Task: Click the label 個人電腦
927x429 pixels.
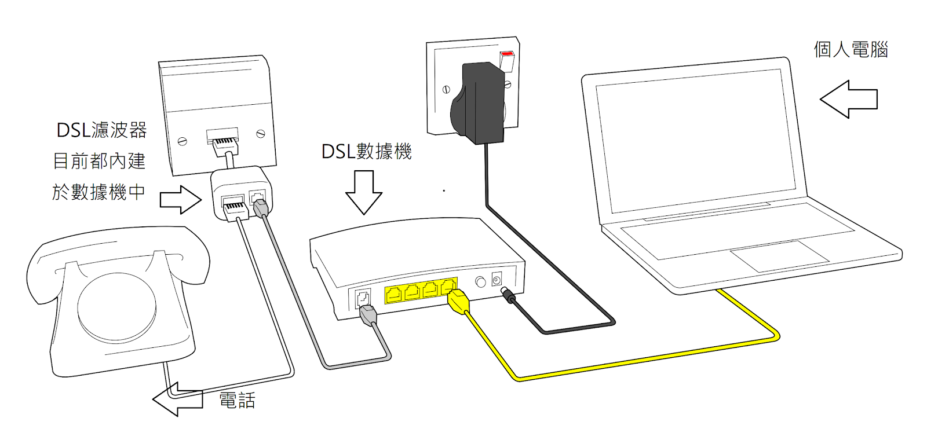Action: [850, 50]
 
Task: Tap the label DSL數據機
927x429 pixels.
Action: [366, 152]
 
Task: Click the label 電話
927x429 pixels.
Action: [237, 400]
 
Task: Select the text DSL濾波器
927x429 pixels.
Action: [101, 130]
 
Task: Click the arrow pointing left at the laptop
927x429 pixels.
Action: [849, 99]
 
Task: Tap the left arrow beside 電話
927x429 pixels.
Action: [177, 399]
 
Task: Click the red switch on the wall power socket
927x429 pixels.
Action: [507, 57]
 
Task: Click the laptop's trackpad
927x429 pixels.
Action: [779, 255]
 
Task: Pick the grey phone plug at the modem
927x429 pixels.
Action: [368, 316]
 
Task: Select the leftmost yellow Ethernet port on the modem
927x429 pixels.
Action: [394, 294]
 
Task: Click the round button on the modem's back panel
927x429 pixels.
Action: [480, 282]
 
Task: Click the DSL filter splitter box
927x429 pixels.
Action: [241, 194]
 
